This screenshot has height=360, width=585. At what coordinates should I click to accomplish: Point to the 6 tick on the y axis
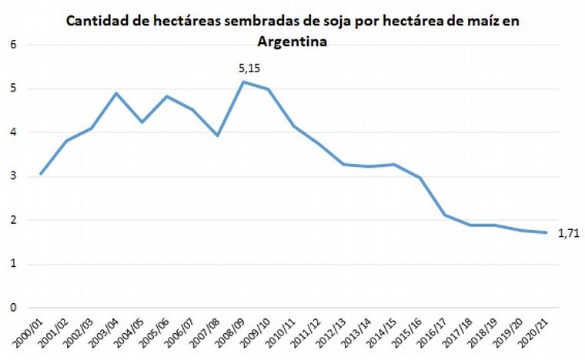tap(12, 45)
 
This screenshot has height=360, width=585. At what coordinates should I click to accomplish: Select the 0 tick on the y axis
tap(12, 308)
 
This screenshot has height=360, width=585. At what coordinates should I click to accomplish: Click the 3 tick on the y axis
tap(12, 176)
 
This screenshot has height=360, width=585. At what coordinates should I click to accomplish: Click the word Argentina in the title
tap(292, 43)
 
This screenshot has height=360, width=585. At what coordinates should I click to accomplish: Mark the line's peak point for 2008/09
tap(243, 82)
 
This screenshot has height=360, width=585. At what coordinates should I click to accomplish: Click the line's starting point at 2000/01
tap(41, 174)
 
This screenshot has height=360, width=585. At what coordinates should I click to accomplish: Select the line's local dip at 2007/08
tap(218, 135)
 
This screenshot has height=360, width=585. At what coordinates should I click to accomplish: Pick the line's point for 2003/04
tap(116, 93)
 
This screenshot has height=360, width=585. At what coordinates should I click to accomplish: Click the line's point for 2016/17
tap(446, 215)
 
